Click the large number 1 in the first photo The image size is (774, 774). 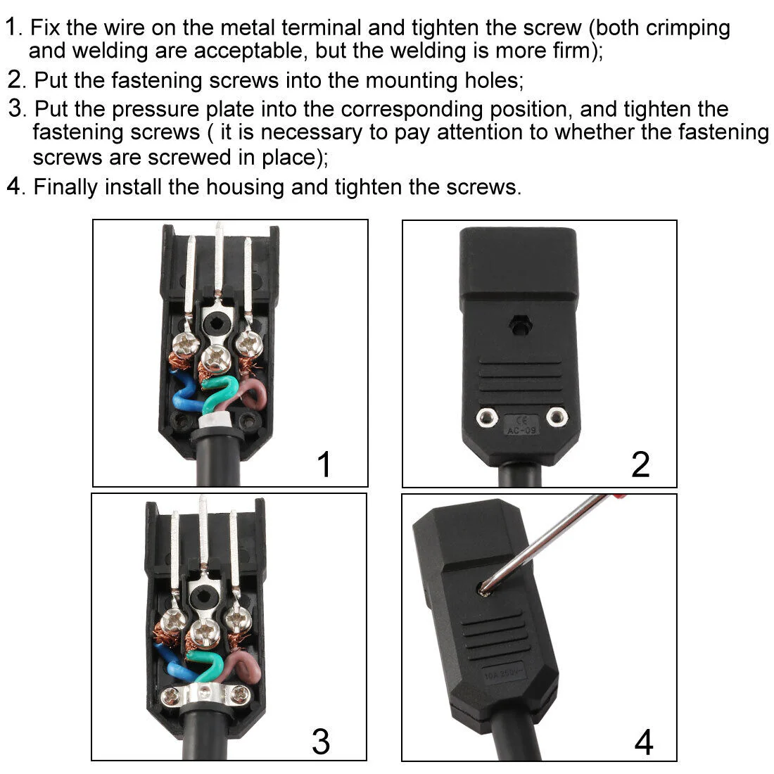point(324,464)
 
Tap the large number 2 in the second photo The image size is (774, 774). point(640,464)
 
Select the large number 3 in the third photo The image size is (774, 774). point(321,742)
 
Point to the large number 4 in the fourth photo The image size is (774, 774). point(644,742)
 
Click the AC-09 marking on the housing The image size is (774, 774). point(521,431)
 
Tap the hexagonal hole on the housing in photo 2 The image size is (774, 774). point(519,325)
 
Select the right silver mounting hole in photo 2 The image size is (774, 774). point(557,417)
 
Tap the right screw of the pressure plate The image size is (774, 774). point(241,695)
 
